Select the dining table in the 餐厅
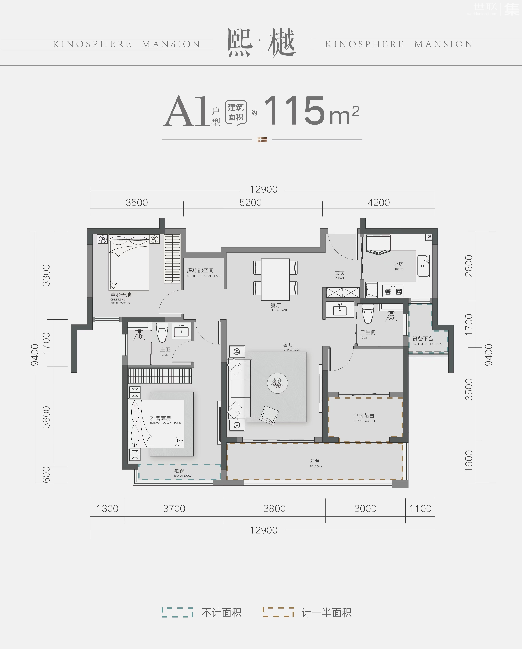click(x=275, y=279)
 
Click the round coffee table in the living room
click(x=277, y=383)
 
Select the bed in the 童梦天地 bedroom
click(x=129, y=262)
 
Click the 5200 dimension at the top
click(x=251, y=203)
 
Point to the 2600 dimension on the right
click(x=469, y=266)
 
